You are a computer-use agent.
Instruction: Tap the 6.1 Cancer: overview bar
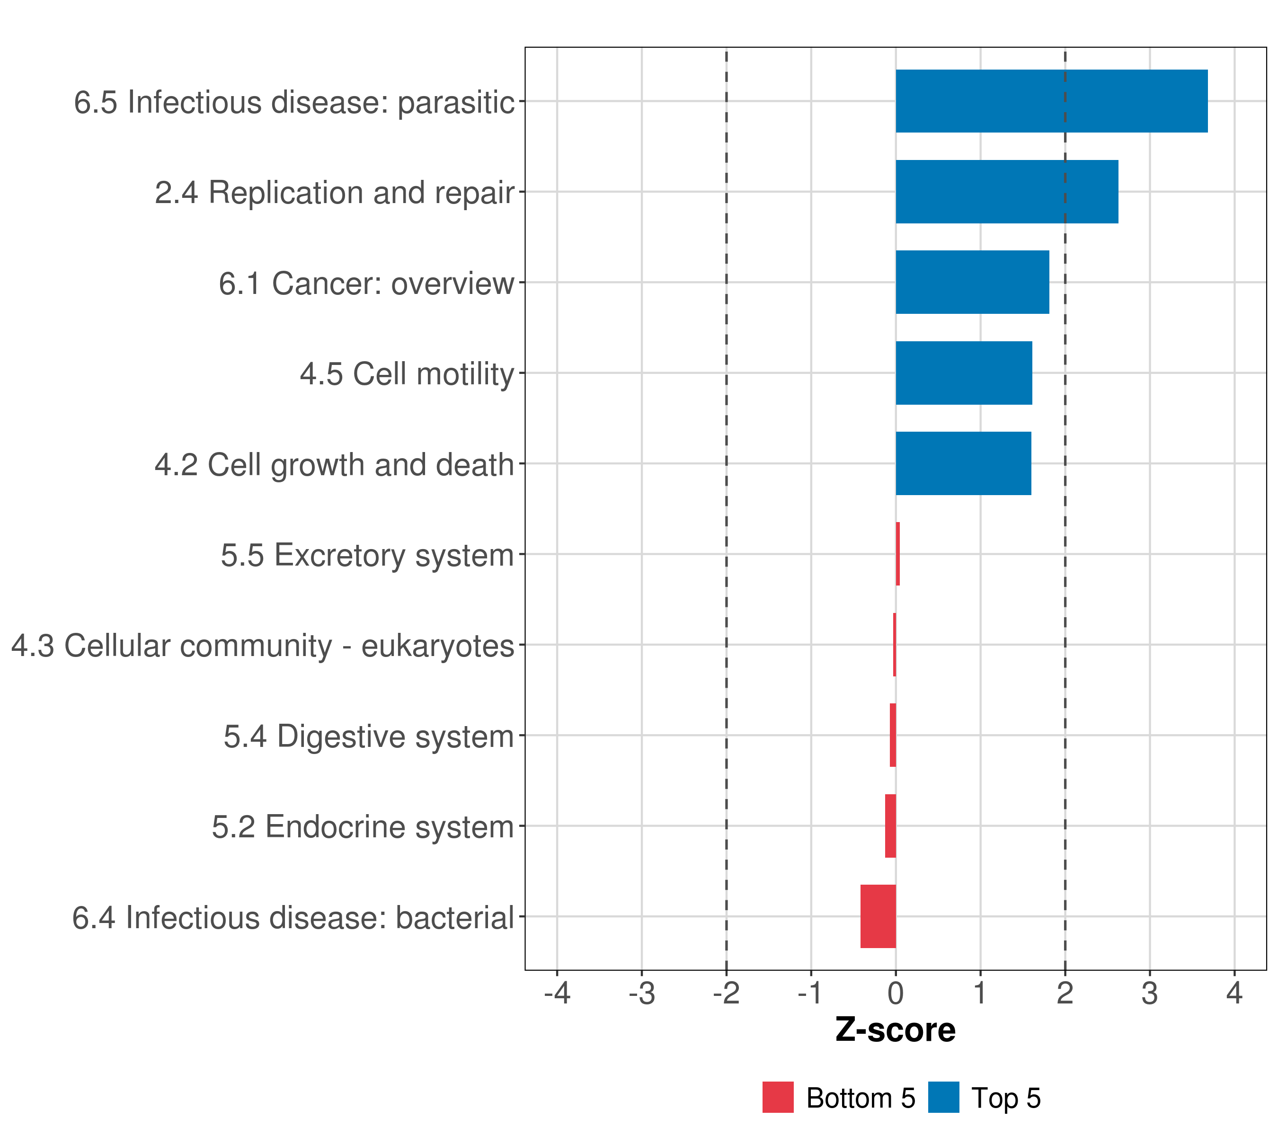tap(972, 282)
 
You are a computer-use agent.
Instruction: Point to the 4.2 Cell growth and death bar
tap(963, 463)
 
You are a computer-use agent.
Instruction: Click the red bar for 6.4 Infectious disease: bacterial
tap(878, 916)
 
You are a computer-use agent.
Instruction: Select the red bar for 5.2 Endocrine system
tap(890, 825)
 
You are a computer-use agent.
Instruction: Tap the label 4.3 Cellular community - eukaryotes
tap(263, 645)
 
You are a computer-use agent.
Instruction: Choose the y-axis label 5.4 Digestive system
tap(368, 736)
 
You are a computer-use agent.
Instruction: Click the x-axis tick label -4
tap(557, 993)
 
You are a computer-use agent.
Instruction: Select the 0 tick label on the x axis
tap(896, 993)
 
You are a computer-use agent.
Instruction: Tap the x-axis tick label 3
tap(1149, 993)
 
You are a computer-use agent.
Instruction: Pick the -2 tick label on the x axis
tap(726, 993)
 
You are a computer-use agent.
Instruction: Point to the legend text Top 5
tap(1006, 1099)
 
